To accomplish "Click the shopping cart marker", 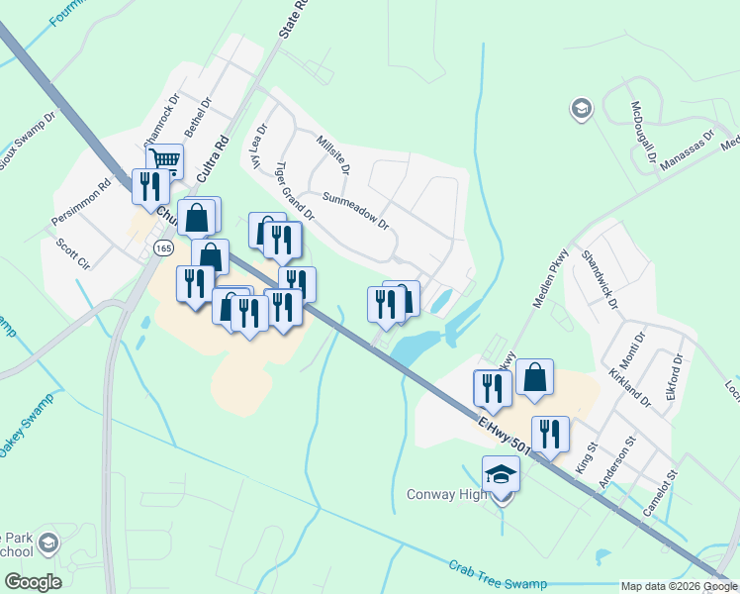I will click(x=164, y=159).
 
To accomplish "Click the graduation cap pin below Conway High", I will click(x=501, y=475).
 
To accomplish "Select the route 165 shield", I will click(x=163, y=247).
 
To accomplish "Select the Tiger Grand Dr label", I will click(x=294, y=191).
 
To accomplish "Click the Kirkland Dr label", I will click(x=633, y=386).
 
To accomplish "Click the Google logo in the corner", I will click(x=33, y=582).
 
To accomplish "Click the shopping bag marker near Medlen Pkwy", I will click(x=534, y=377).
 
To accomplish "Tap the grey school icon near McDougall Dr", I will click(x=581, y=108).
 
